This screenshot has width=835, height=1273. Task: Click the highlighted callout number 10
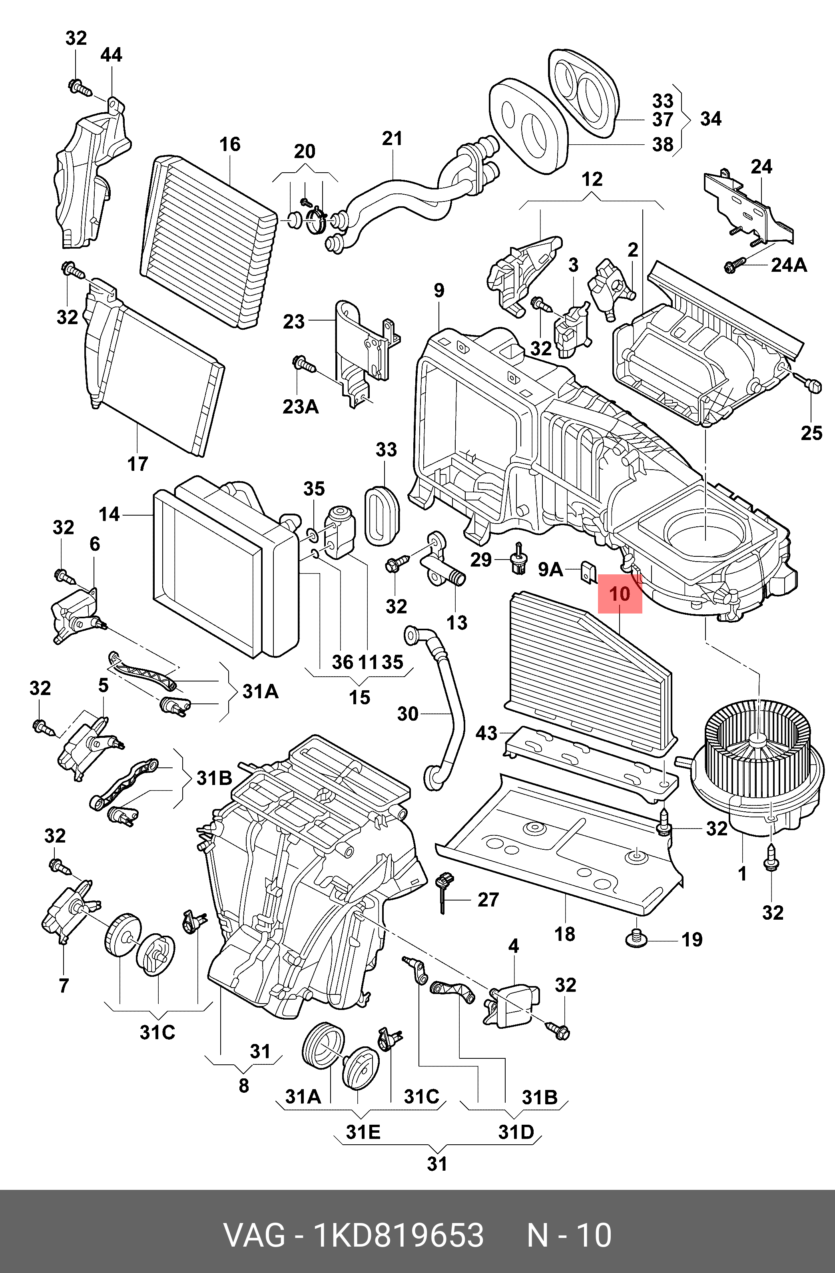click(620, 594)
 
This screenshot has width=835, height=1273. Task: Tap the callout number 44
click(111, 54)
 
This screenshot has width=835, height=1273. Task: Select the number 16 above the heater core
click(230, 144)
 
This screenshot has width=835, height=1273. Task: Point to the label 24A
click(789, 265)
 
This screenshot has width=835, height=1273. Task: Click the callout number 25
click(811, 433)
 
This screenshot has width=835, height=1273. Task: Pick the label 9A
click(550, 570)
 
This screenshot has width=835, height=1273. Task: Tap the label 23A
click(301, 406)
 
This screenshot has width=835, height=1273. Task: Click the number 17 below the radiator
click(138, 464)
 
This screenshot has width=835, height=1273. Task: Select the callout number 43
click(486, 733)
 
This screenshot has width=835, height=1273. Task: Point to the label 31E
click(363, 1132)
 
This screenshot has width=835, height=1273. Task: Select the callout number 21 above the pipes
click(392, 139)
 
